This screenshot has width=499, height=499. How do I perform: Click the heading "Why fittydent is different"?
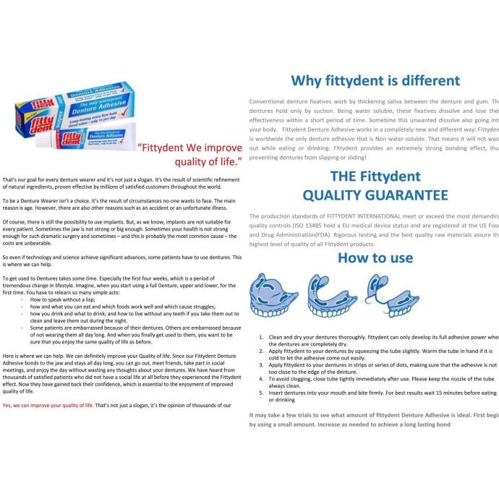click(375, 80)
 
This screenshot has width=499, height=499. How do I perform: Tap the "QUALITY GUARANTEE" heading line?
click(375, 195)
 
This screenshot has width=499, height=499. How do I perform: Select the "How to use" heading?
click(375, 257)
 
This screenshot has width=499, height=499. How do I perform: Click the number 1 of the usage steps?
click(262, 337)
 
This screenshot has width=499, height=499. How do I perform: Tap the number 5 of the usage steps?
click(262, 392)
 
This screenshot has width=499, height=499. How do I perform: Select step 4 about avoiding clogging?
click(376, 382)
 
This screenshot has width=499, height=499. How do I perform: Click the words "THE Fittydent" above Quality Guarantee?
click(375, 175)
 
